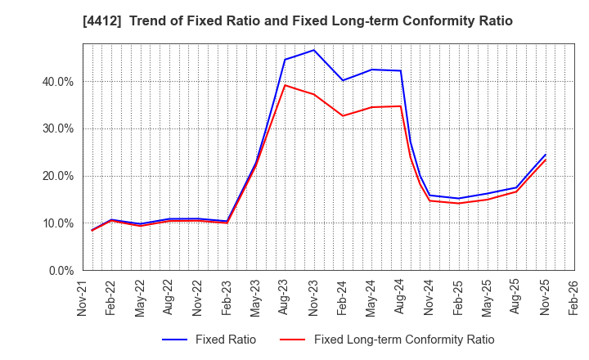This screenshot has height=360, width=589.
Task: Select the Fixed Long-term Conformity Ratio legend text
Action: (404, 340)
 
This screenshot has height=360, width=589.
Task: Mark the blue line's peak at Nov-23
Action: (313, 50)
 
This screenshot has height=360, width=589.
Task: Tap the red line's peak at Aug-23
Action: (285, 85)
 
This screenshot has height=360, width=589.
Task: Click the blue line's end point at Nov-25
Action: (545, 155)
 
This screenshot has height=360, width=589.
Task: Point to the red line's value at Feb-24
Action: (343, 115)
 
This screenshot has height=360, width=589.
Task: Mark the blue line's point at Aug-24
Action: (400, 70)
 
